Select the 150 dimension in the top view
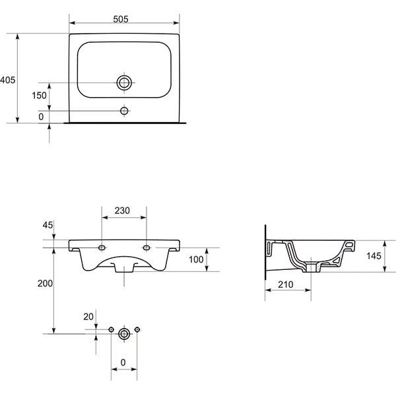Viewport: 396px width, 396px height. (x=39, y=96)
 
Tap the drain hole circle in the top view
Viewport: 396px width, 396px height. (x=123, y=82)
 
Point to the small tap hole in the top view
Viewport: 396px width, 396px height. (x=123, y=110)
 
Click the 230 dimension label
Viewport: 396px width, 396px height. (x=123, y=211)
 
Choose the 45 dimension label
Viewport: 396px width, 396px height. (x=47, y=225)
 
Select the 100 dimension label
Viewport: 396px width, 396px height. (x=197, y=259)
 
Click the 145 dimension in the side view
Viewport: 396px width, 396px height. (x=374, y=255)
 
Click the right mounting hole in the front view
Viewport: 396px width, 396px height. (x=147, y=247)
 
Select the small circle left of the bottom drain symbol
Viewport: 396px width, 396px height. (x=111, y=329)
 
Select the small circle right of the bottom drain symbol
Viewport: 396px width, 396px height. (x=137, y=329)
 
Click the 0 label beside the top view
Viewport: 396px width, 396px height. (x=41, y=117)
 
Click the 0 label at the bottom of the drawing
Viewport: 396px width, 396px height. (x=123, y=362)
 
